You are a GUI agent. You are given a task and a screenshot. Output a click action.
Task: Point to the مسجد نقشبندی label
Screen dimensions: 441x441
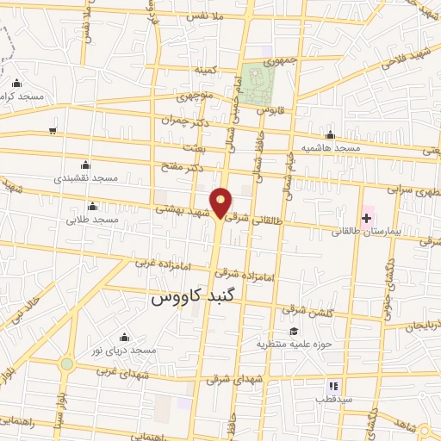84,177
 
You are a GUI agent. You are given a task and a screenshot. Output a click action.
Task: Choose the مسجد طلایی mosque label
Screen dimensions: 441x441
92,220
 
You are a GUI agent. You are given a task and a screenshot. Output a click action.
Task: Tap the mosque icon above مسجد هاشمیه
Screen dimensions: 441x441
331,134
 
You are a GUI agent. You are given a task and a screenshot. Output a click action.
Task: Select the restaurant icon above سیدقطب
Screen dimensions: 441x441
332,386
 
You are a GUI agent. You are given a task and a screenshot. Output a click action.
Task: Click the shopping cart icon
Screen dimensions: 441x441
53,131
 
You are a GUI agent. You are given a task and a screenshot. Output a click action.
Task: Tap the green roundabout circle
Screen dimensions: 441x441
66,363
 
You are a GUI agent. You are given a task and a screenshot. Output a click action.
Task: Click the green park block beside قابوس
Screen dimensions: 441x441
258,84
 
